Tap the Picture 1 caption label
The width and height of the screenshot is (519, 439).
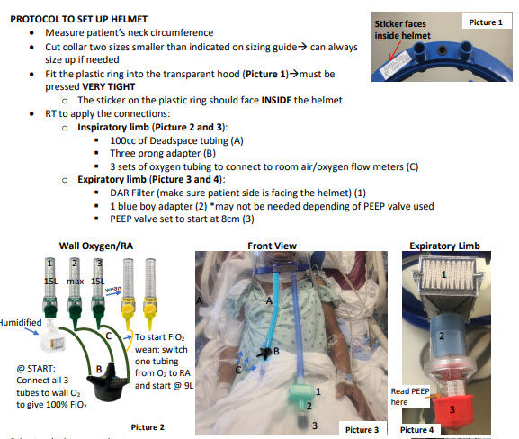point(487,20)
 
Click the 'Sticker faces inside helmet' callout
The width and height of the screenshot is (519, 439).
point(413,29)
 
